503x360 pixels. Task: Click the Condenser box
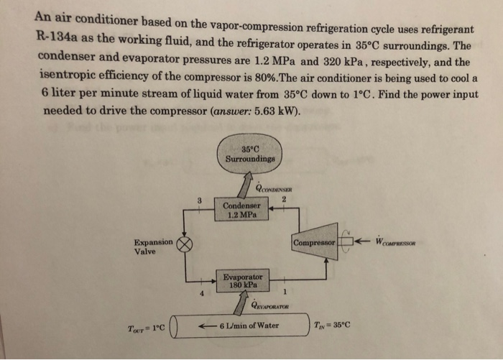[x=241, y=208]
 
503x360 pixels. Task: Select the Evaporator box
[x=242, y=281]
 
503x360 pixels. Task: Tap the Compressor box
[x=315, y=244]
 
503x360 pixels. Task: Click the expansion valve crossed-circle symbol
[x=185, y=244]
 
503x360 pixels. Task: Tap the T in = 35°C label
[x=333, y=325]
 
